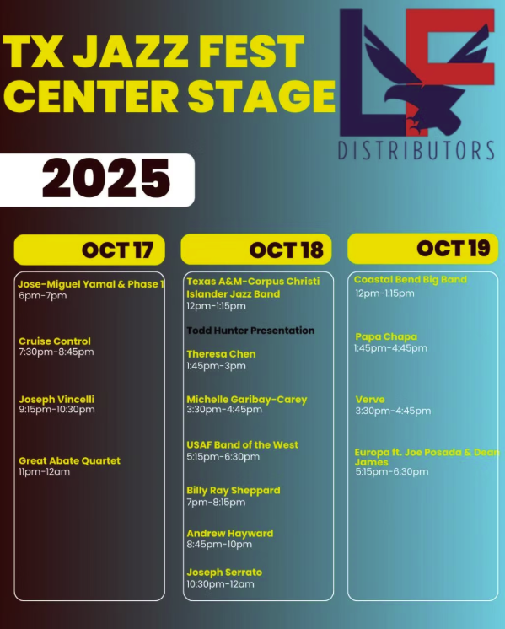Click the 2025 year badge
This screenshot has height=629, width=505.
click(x=105, y=179)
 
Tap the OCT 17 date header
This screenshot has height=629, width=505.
click(x=117, y=250)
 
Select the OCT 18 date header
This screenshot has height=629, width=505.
click(x=286, y=250)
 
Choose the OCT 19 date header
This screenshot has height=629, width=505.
click(x=453, y=248)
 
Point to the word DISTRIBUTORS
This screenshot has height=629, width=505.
click(x=416, y=151)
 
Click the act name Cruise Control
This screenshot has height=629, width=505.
click(x=55, y=341)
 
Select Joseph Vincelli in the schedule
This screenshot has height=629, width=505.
click(x=56, y=399)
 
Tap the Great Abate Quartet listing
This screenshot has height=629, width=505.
click(x=69, y=460)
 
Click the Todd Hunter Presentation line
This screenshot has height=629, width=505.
click(x=250, y=331)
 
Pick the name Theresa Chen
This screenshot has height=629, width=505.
click(x=221, y=354)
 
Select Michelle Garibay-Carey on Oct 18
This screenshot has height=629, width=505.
click(x=246, y=400)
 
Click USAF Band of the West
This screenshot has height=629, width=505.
click(x=242, y=445)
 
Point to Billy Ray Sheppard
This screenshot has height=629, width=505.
click(x=233, y=491)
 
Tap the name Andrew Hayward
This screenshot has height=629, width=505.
click(x=229, y=534)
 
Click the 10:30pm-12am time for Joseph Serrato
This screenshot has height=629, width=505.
click(x=220, y=584)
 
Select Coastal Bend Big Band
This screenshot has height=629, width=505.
click(x=410, y=280)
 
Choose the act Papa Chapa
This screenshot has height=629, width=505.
click(x=386, y=336)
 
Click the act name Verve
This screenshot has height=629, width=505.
click(x=370, y=400)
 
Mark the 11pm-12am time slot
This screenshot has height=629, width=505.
click(x=44, y=472)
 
